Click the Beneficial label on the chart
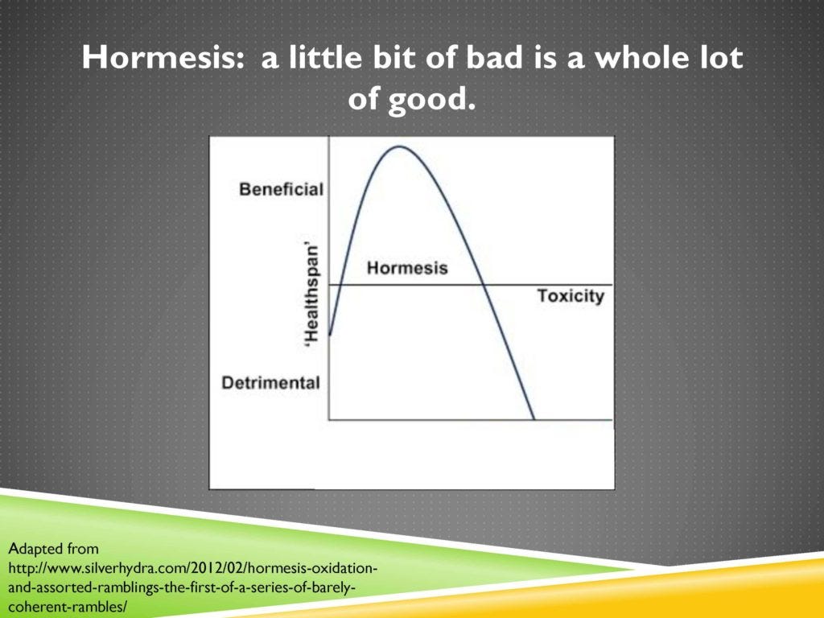(x=281, y=190)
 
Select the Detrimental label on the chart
(x=270, y=383)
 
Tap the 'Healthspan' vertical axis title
(x=312, y=294)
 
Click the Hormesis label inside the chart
(x=407, y=268)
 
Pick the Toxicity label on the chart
(x=570, y=296)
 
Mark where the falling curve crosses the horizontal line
(x=483, y=285)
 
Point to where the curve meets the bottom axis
(x=534, y=419)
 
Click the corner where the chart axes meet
(x=329, y=419)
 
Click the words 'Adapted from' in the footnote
(x=53, y=550)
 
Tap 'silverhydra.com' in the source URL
(x=112, y=568)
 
